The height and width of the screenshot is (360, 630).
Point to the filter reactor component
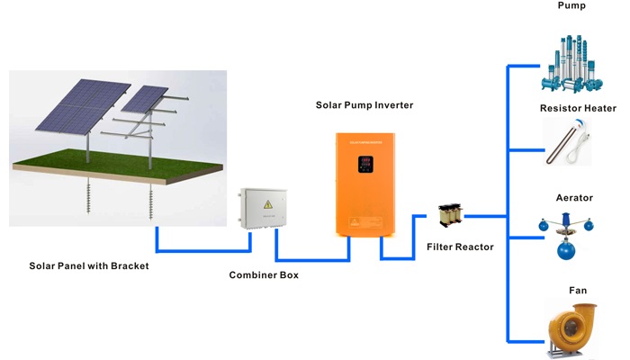[447, 216]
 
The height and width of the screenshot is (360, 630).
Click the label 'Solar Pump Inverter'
[364, 105]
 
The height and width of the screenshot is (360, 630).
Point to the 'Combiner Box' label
[264, 274]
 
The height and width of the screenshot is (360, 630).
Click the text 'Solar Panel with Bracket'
[88, 265]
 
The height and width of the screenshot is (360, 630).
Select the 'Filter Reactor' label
[458, 247]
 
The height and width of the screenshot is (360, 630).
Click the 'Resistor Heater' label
[578, 108]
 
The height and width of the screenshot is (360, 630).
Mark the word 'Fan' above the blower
[578, 290]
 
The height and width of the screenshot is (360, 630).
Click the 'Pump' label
[571, 6]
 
